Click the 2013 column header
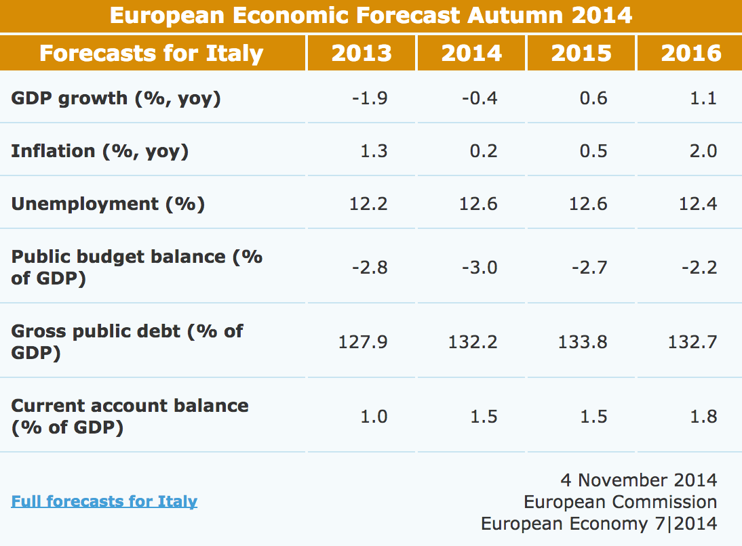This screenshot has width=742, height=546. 362,53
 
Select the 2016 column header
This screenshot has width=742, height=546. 691,53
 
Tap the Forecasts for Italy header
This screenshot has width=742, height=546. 151,53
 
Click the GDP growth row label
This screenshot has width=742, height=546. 116,98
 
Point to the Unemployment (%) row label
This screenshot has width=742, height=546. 108,203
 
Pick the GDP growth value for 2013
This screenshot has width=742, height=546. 369,98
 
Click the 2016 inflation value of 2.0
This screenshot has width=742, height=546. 703,150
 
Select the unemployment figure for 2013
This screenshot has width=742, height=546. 368,203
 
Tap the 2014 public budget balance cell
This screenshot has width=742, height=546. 480,267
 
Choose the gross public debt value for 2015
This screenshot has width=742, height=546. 583,341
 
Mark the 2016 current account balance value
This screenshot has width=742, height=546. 703,416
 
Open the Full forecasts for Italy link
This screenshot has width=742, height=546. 104,502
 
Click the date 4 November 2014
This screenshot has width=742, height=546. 638,480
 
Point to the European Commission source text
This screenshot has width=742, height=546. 620,502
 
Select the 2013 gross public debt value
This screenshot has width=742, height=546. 363,341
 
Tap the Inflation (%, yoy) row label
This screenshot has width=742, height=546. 100,150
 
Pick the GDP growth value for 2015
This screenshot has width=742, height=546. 593,98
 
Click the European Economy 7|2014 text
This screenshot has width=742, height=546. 599,524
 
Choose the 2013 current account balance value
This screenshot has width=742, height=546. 374,416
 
